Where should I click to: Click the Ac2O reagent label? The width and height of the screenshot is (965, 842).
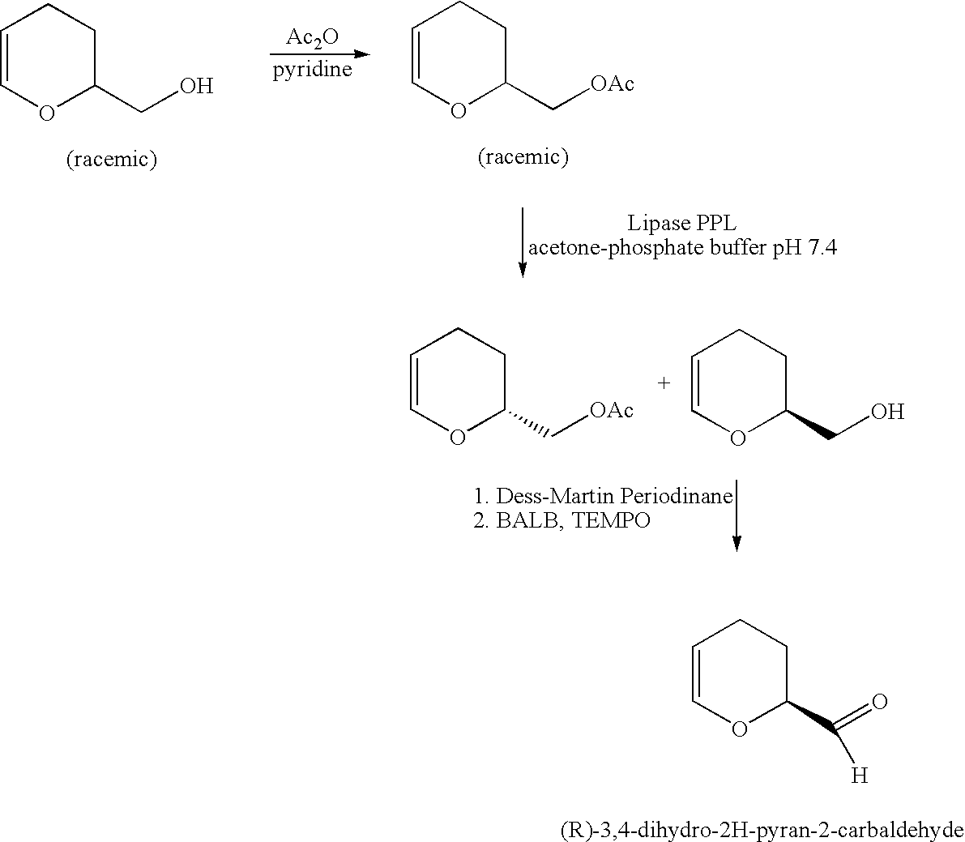coord(312,39)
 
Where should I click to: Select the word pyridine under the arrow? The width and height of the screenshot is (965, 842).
coord(312,69)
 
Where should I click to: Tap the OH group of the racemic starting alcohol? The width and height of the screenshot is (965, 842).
coord(196,86)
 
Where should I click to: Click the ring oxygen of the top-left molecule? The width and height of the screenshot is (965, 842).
coord(47,113)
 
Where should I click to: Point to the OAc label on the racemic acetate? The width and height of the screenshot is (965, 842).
coord(612,83)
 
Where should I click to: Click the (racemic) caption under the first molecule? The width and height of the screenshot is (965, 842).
coord(111,160)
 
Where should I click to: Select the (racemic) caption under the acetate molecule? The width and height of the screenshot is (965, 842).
coord(523,157)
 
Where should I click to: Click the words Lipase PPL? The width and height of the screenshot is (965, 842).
coord(681,223)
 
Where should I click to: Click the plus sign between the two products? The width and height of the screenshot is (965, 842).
coord(664,383)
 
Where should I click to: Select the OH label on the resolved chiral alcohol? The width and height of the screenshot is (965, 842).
coord(887,412)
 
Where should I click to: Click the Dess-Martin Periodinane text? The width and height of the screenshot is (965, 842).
coord(614,495)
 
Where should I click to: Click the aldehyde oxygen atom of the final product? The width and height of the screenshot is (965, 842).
coord(880,701)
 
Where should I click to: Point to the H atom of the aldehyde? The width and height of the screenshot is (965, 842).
coord(859,776)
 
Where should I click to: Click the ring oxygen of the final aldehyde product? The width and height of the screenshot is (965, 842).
coord(739,729)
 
